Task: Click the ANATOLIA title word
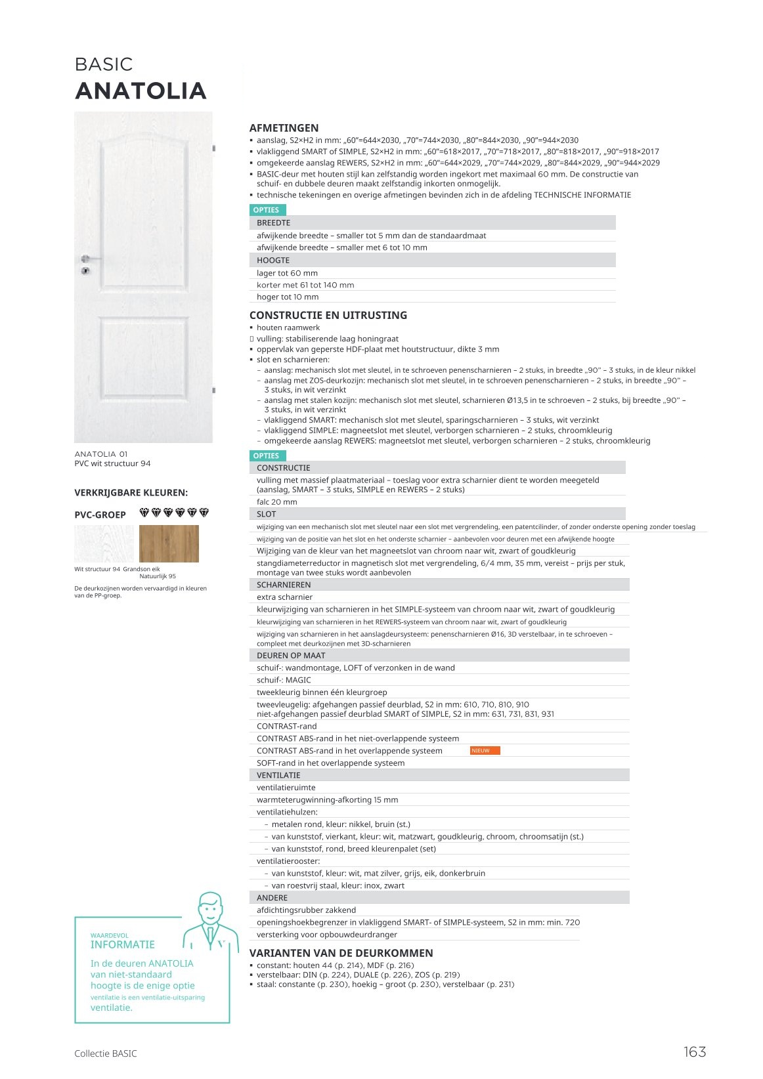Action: point(141,91)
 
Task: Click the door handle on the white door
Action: point(90,259)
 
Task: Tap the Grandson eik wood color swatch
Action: point(169,543)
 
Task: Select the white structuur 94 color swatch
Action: point(104,543)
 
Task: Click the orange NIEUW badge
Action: point(485,750)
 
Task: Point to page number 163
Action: point(694,1052)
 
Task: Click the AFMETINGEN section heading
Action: point(284,128)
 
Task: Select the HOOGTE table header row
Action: point(432,261)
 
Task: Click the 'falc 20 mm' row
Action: point(277,502)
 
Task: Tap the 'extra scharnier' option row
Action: point(284,597)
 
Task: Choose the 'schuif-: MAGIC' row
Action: point(284,680)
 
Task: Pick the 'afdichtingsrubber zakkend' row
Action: point(306,910)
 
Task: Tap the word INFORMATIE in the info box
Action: point(123,944)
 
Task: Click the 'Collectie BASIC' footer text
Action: point(106,1053)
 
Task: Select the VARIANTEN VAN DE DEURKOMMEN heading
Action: point(341,953)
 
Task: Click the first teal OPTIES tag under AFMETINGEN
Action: point(267,210)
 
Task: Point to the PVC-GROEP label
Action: point(100,515)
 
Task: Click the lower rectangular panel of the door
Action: point(144,358)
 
